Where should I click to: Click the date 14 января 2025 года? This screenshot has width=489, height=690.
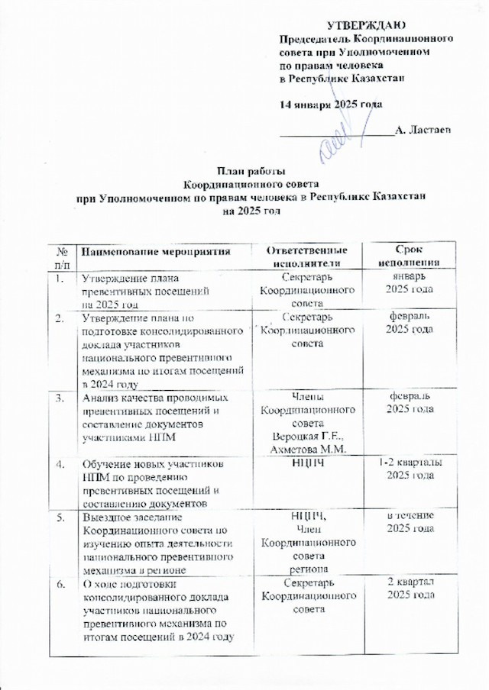[x=330, y=104]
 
